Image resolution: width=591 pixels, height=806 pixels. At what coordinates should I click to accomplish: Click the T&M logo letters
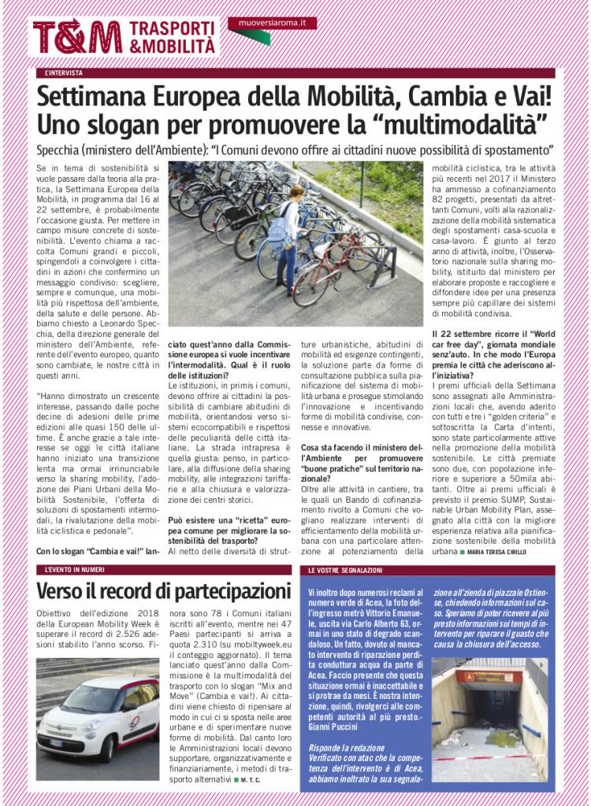(x=77, y=37)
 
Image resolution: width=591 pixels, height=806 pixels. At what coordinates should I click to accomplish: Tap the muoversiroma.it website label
(x=273, y=24)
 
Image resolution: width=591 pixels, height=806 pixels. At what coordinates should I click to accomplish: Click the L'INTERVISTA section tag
(x=64, y=73)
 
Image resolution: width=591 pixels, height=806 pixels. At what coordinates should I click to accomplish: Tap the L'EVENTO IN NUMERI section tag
(x=74, y=569)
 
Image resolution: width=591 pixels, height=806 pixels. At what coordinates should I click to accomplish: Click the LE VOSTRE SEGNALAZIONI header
(x=345, y=569)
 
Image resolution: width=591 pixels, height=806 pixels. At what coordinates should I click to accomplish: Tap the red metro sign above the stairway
(x=489, y=676)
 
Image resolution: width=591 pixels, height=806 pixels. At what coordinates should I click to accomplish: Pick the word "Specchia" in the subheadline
(x=64, y=149)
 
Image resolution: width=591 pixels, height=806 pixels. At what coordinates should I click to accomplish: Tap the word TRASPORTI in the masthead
(x=172, y=28)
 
